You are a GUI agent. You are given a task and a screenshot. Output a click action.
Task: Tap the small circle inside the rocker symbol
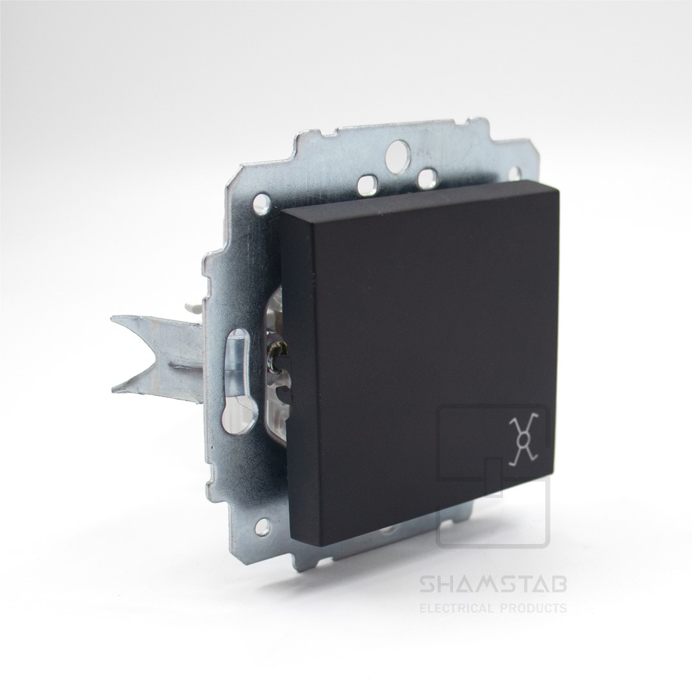coord(525,440)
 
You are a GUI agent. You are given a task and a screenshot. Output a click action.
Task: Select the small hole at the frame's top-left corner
coord(261,202)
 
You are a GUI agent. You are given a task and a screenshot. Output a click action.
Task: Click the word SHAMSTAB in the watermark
coord(493,586)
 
